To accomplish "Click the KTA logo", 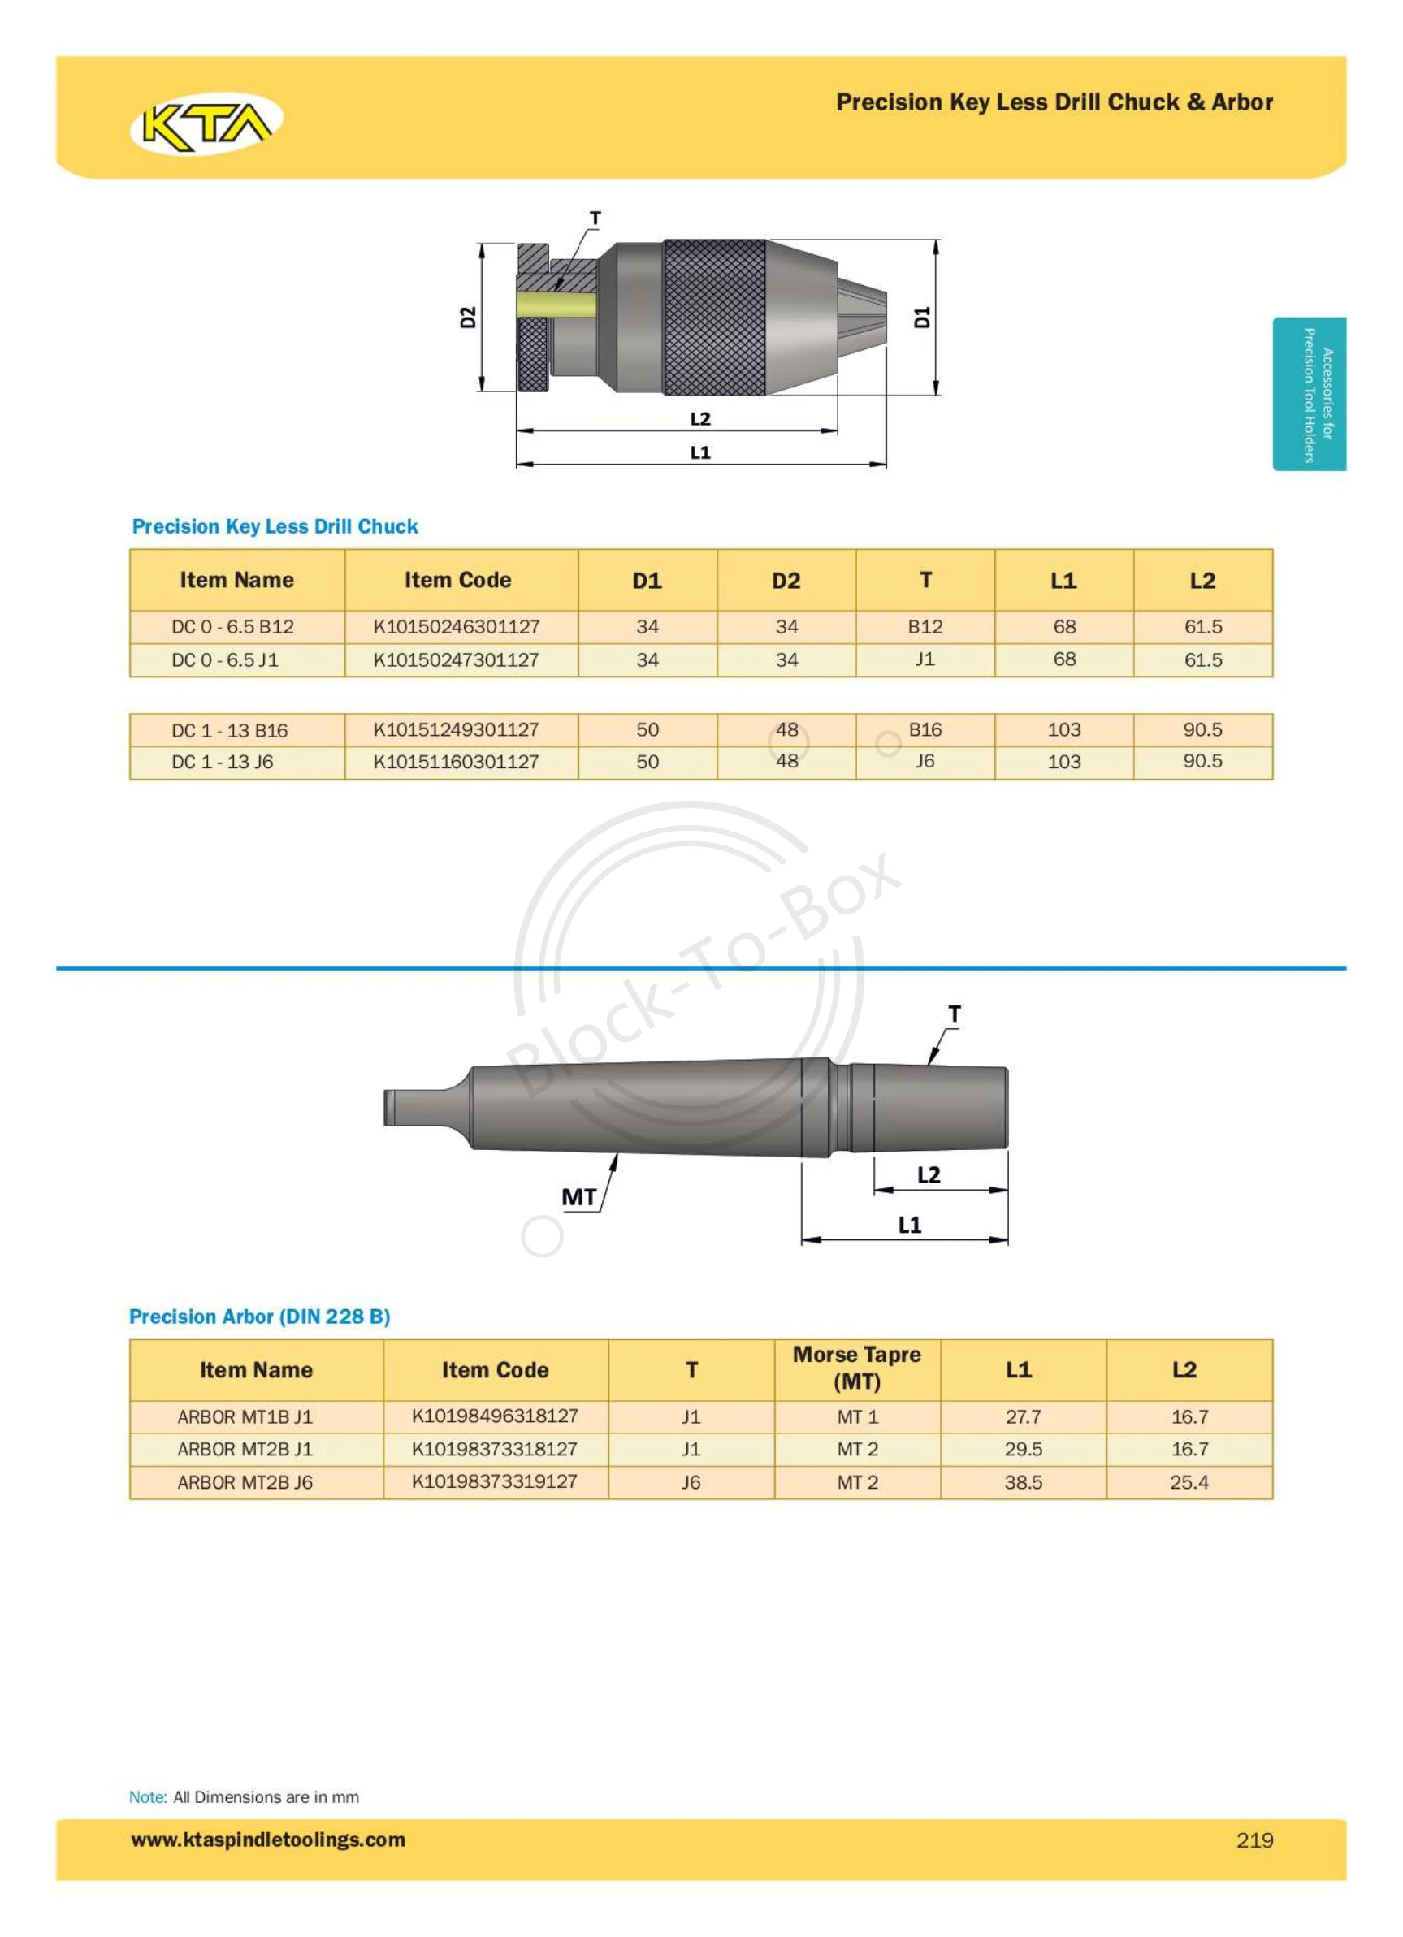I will click(x=206, y=123).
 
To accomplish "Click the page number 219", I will click(x=1254, y=1840).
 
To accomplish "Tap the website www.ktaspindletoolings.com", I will click(x=267, y=1839).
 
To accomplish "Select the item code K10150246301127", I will click(x=457, y=626).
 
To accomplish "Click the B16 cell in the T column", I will click(x=925, y=729).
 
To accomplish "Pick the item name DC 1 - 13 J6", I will click(x=222, y=761).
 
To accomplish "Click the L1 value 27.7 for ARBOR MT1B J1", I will click(x=1023, y=1416).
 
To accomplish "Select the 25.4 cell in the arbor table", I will click(x=1189, y=1482).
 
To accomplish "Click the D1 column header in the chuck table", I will click(x=647, y=581).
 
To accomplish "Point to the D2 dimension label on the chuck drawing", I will click(x=467, y=317).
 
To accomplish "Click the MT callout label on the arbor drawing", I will click(x=578, y=1196).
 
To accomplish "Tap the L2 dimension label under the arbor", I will click(x=928, y=1174).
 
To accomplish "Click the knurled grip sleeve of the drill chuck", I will click(x=714, y=317).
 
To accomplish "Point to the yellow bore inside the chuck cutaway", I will click(x=556, y=304).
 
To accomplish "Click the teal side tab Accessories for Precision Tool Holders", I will click(x=1308, y=394).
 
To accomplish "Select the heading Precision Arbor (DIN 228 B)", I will click(x=259, y=1316).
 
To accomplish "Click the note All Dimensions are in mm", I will click(x=265, y=1796).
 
